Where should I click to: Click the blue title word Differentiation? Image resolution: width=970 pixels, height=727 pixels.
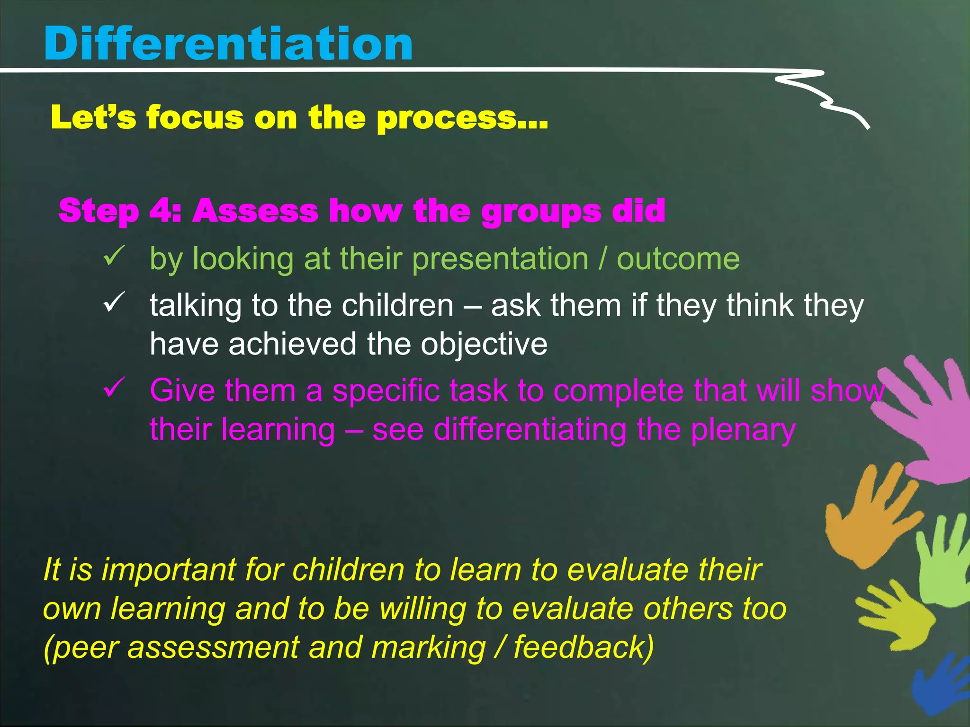[x=228, y=44]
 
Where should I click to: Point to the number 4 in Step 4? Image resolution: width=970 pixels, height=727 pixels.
[x=161, y=211]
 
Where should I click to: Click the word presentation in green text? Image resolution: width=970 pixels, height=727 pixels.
[x=500, y=259]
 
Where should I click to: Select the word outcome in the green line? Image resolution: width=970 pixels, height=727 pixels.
[x=677, y=259]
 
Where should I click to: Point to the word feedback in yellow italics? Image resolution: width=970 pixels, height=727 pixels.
[x=584, y=647]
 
